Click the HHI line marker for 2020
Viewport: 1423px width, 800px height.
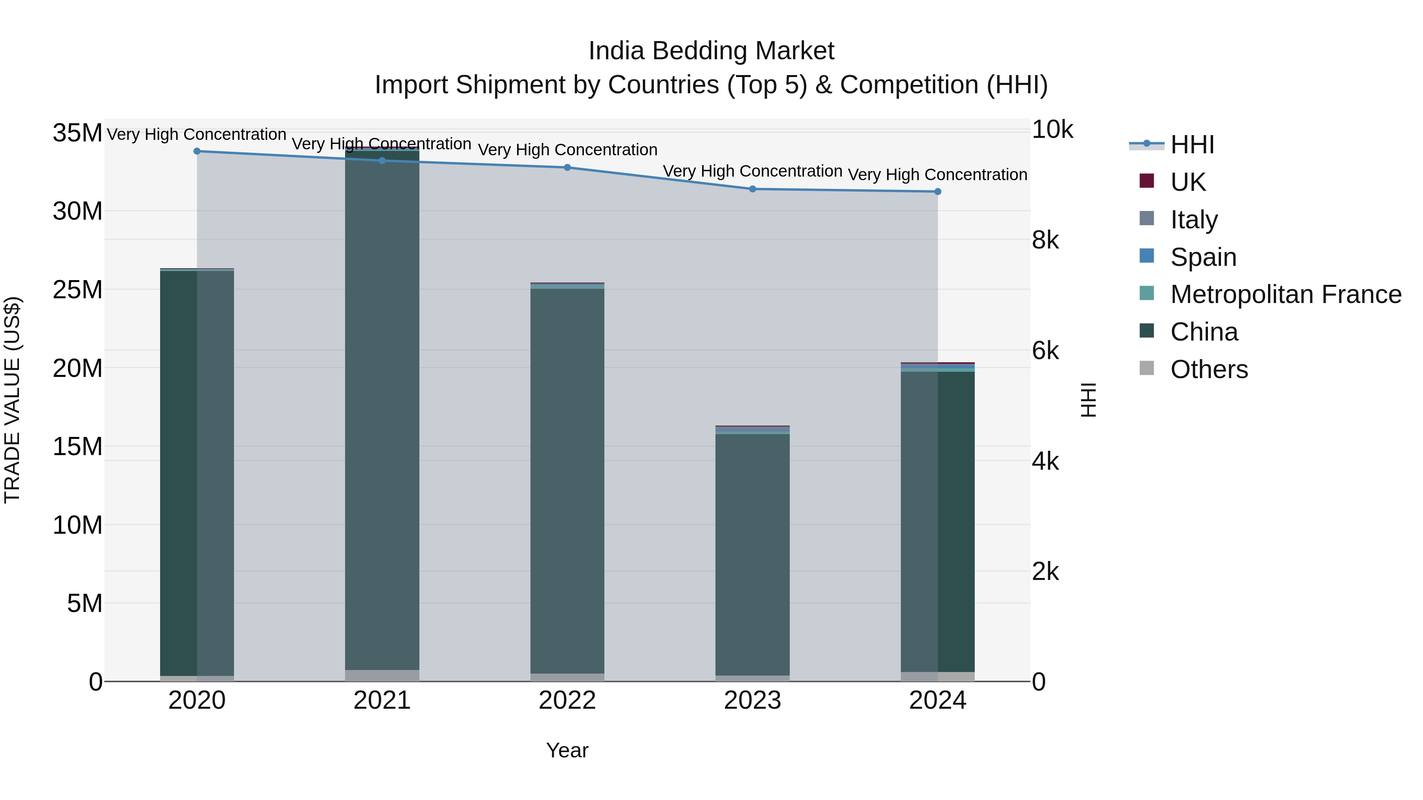197,151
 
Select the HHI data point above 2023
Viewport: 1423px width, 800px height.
752,189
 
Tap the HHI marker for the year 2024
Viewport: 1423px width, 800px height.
938,192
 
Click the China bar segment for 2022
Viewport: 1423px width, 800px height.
567,480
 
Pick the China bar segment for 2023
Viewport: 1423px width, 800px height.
752,552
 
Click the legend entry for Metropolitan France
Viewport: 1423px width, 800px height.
1285,294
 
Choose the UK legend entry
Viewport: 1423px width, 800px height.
1188,182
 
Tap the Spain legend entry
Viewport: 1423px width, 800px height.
1203,257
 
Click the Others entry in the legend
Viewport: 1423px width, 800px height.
1209,369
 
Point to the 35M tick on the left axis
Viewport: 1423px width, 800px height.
77,133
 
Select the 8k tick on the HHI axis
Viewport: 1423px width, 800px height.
1045,240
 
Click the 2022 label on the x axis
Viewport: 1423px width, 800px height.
567,700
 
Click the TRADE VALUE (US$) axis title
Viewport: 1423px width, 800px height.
12,400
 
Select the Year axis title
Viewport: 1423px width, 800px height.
567,750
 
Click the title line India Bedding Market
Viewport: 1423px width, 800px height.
711,51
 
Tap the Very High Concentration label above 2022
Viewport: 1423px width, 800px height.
567,150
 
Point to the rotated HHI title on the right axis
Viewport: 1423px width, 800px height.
1088,400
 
